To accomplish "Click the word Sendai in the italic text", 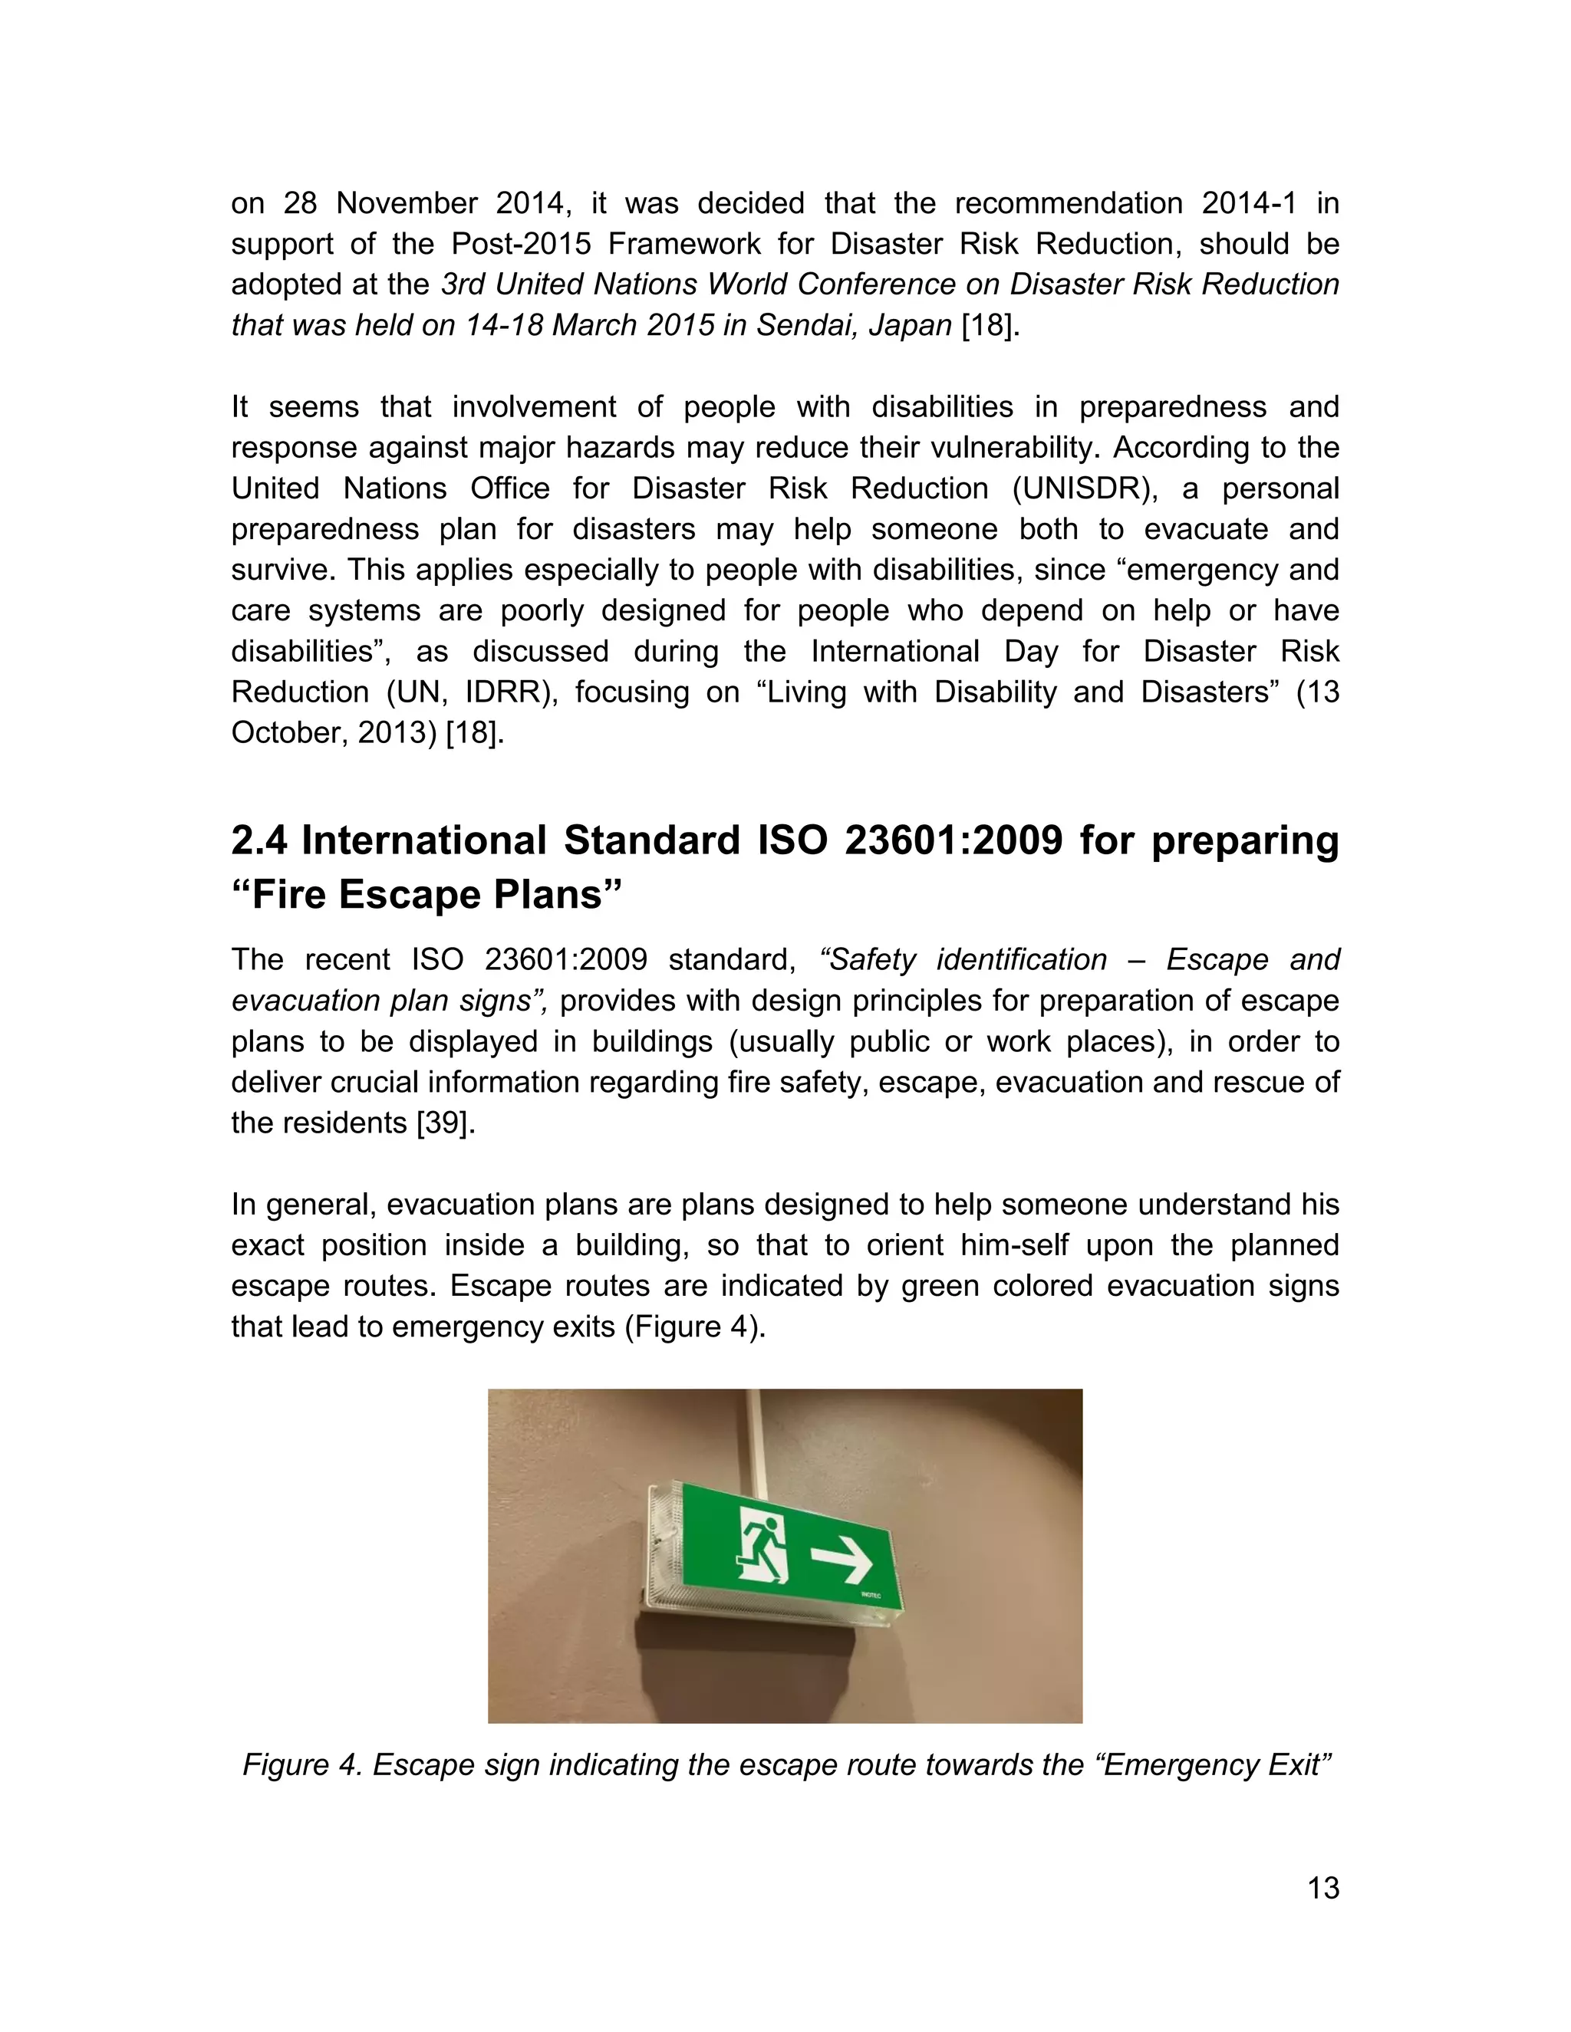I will pyautogui.click(x=805, y=326).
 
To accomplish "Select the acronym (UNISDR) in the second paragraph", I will pyautogui.click(x=1084, y=488).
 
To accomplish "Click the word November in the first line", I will pyautogui.click(x=406, y=203).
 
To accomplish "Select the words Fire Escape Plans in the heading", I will pyautogui.click(x=427, y=895).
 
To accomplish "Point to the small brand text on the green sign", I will pyautogui.click(x=870, y=1596).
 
